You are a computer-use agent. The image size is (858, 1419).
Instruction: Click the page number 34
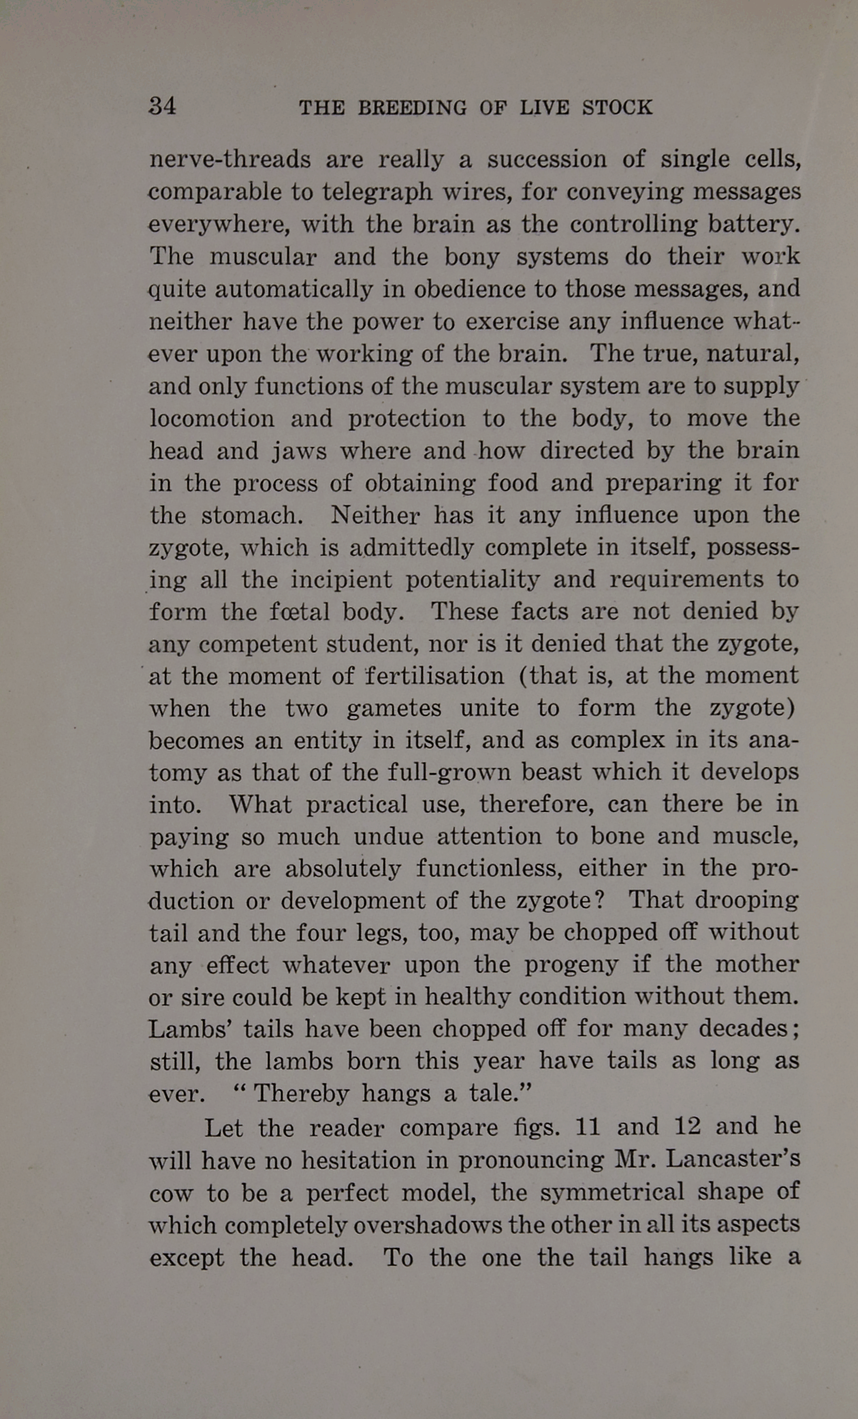pyautogui.click(x=162, y=106)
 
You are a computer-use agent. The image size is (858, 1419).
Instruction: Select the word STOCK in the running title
pyautogui.click(x=617, y=108)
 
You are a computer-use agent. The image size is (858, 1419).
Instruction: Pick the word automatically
pyautogui.click(x=293, y=290)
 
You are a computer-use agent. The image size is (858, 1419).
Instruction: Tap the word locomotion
pyautogui.click(x=212, y=418)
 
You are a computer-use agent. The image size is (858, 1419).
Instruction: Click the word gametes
pyautogui.click(x=394, y=708)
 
